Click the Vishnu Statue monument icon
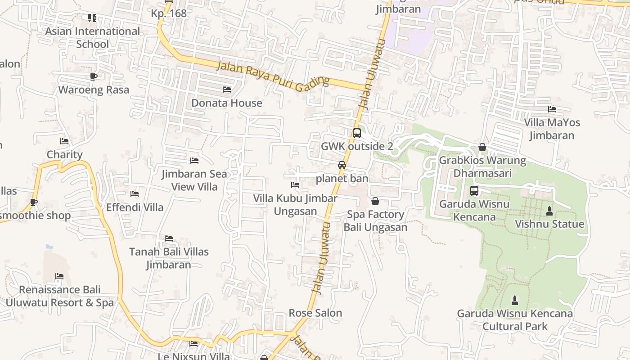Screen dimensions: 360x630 click(x=549, y=211)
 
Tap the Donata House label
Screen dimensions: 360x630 click(x=227, y=103)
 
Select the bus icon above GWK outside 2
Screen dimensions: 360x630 click(x=356, y=133)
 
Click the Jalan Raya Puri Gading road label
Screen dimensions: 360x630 click(x=273, y=76)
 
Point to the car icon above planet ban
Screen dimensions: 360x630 click(x=342, y=165)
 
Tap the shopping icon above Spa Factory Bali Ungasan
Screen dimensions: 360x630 click(x=375, y=201)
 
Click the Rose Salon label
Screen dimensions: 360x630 click(x=315, y=313)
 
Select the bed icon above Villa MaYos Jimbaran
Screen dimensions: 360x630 click(x=552, y=109)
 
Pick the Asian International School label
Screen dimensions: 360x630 click(x=92, y=38)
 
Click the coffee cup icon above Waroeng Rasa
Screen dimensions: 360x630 click(x=94, y=76)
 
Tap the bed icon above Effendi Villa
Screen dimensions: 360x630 click(x=135, y=194)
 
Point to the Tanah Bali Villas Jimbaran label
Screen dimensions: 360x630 click(x=169, y=258)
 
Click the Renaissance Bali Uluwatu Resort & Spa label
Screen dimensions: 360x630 click(x=59, y=296)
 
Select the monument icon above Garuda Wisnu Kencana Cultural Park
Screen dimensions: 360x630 click(x=515, y=300)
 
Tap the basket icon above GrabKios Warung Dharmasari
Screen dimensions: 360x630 click(x=482, y=147)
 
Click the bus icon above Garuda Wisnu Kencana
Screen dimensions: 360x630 click(x=474, y=191)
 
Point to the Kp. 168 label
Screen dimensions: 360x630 click(x=169, y=13)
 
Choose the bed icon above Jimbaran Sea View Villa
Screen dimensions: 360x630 click(x=194, y=160)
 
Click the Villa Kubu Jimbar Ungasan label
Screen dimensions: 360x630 click(x=295, y=205)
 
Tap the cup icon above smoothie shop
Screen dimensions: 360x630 click(x=34, y=202)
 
